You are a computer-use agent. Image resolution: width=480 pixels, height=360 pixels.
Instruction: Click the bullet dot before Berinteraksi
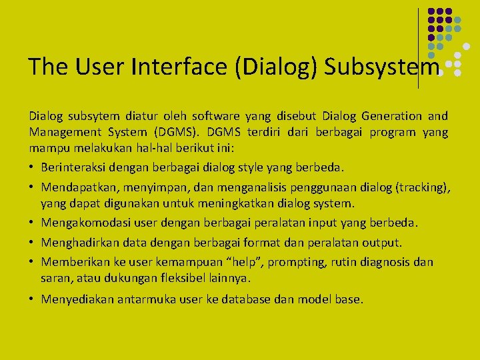click(32, 167)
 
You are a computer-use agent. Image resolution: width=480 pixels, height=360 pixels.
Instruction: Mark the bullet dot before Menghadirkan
click(32, 243)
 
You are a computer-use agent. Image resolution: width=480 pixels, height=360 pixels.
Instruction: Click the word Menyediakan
click(77, 299)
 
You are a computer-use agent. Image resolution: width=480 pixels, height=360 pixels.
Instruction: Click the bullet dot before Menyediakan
click(32, 299)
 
